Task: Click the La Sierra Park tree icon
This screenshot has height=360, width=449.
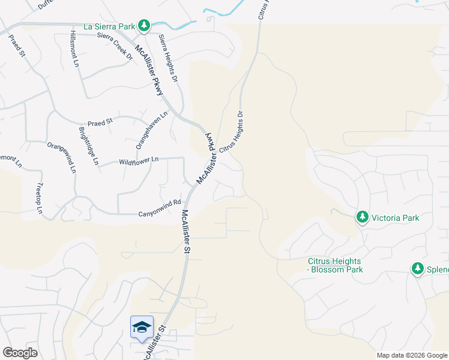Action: click(x=143, y=26)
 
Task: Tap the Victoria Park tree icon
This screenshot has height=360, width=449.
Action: click(x=362, y=217)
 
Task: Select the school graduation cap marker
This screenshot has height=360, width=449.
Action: click(x=142, y=327)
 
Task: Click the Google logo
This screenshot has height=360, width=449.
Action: click(x=20, y=353)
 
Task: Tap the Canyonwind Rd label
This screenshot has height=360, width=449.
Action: click(x=160, y=209)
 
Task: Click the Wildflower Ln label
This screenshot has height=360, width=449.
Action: click(x=139, y=160)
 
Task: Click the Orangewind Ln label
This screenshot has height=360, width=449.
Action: click(x=62, y=157)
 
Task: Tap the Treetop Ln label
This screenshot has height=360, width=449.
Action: click(x=40, y=199)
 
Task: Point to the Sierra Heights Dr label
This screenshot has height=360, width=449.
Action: click(x=169, y=58)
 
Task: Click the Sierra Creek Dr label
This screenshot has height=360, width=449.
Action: click(x=115, y=44)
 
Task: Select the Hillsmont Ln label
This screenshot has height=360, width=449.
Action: click(x=75, y=48)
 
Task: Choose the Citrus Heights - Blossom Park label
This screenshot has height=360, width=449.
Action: click(x=334, y=265)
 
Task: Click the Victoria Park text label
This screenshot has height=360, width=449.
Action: click(x=395, y=218)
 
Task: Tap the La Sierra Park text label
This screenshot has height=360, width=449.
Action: click(x=109, y=26)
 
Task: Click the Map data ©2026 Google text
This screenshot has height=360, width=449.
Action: click(x=411, y=355)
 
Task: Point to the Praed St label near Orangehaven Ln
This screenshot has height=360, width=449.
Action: click(x=100, y=122)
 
